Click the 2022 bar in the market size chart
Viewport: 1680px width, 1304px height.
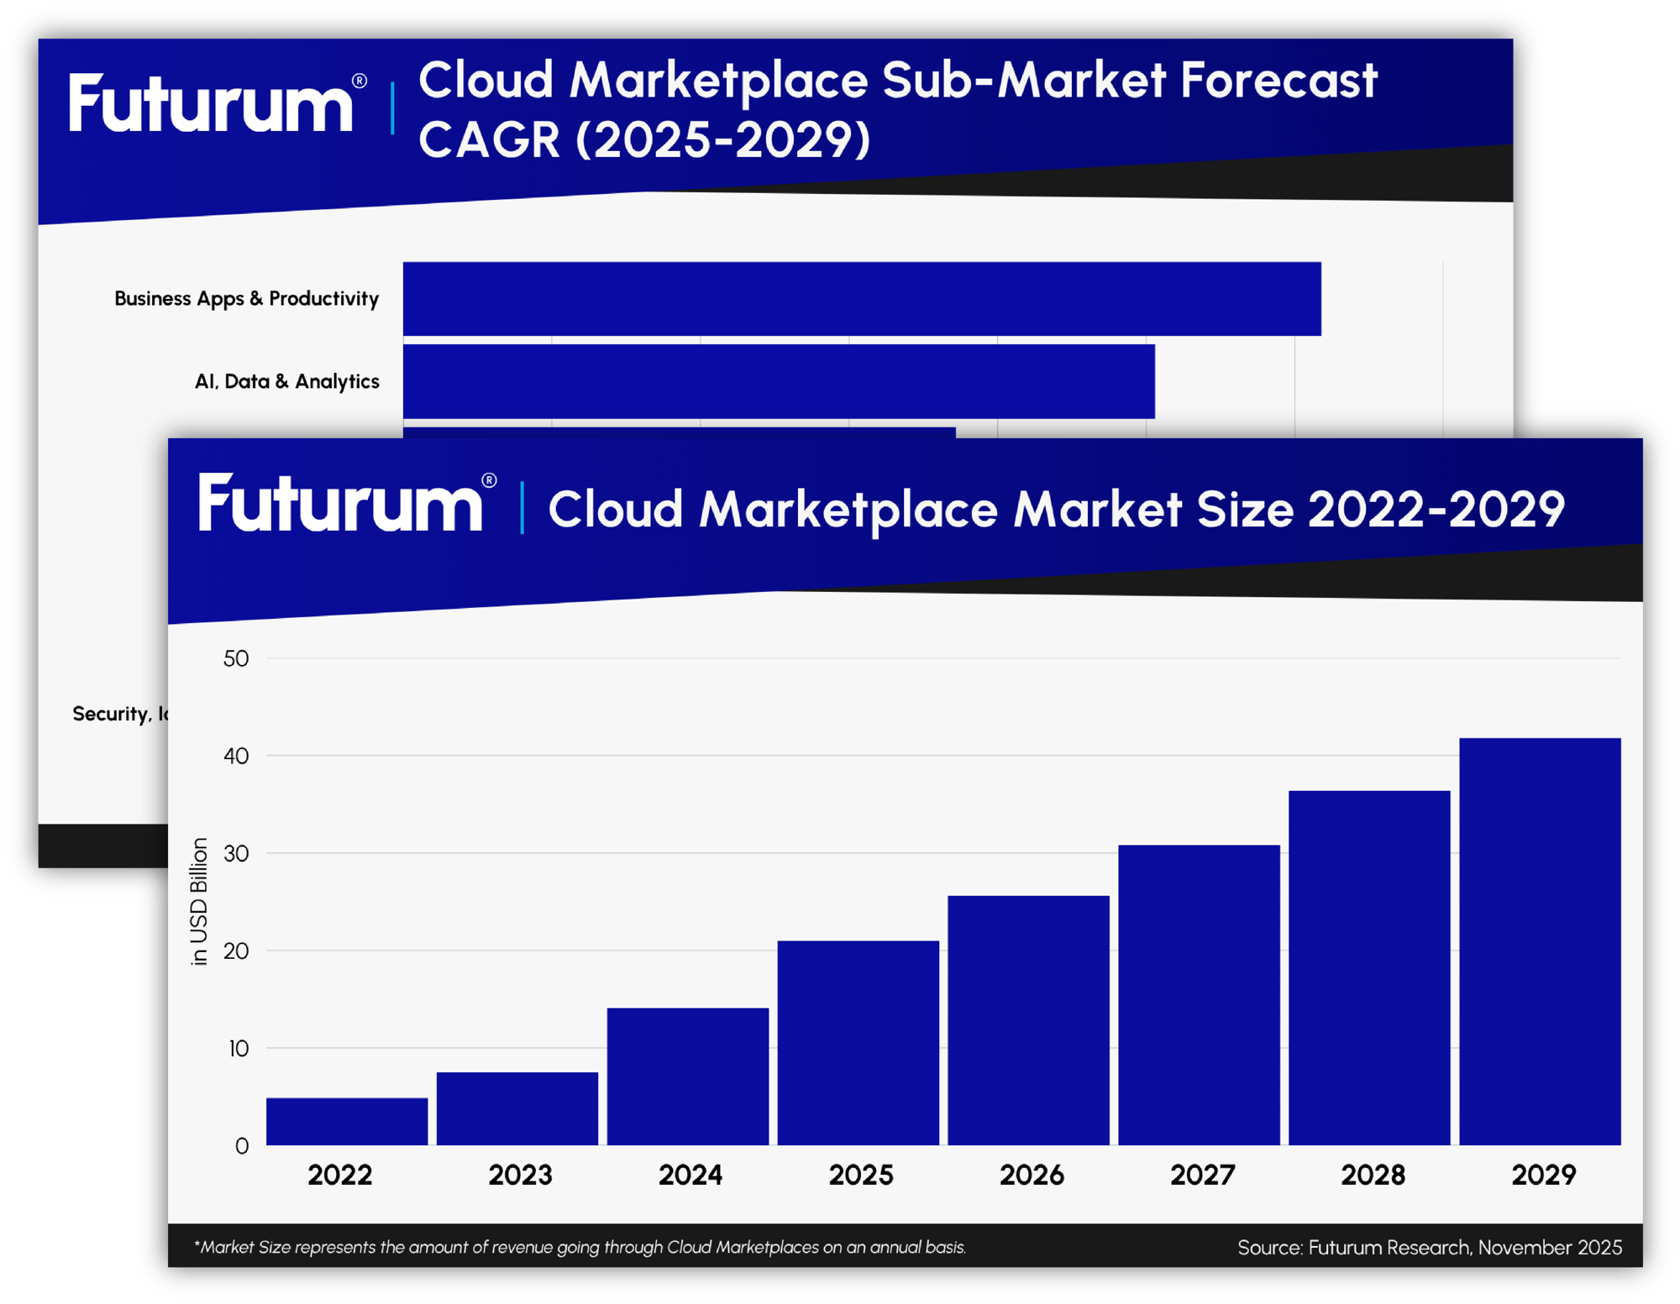pos(347,1121)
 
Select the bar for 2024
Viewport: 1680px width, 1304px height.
pos(688,1076)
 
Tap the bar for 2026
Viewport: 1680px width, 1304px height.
pos(1028,1019)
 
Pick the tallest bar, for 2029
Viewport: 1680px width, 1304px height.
pos(1540,940)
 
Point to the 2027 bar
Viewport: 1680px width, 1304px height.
pos(1199,994)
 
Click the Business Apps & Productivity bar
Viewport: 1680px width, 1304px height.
pos(862,299)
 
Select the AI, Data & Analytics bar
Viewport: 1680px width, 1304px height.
pos(779,381)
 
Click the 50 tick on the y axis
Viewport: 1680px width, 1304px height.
pos(236,659)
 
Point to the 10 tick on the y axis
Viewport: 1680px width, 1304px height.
pos(239,1049)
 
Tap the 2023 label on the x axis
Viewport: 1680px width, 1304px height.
pos(520,1175)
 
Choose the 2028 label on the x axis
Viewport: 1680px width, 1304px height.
pos(1373,1175)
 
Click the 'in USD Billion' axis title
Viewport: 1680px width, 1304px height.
pos(199,902)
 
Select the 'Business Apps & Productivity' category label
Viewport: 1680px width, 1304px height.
pos(246,299)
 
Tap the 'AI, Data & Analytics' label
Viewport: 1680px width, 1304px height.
pos(286,382)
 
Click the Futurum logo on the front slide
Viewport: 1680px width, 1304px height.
pos(341,503)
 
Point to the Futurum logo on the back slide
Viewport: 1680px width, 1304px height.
pos(212,103)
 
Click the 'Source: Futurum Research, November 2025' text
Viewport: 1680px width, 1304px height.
pos(1429,1247)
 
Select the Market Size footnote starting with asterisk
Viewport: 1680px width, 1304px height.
pos(580,1247)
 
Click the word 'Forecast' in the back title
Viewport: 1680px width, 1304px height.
pos(1278,81)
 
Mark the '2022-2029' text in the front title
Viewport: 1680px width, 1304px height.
pos(1436,510)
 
